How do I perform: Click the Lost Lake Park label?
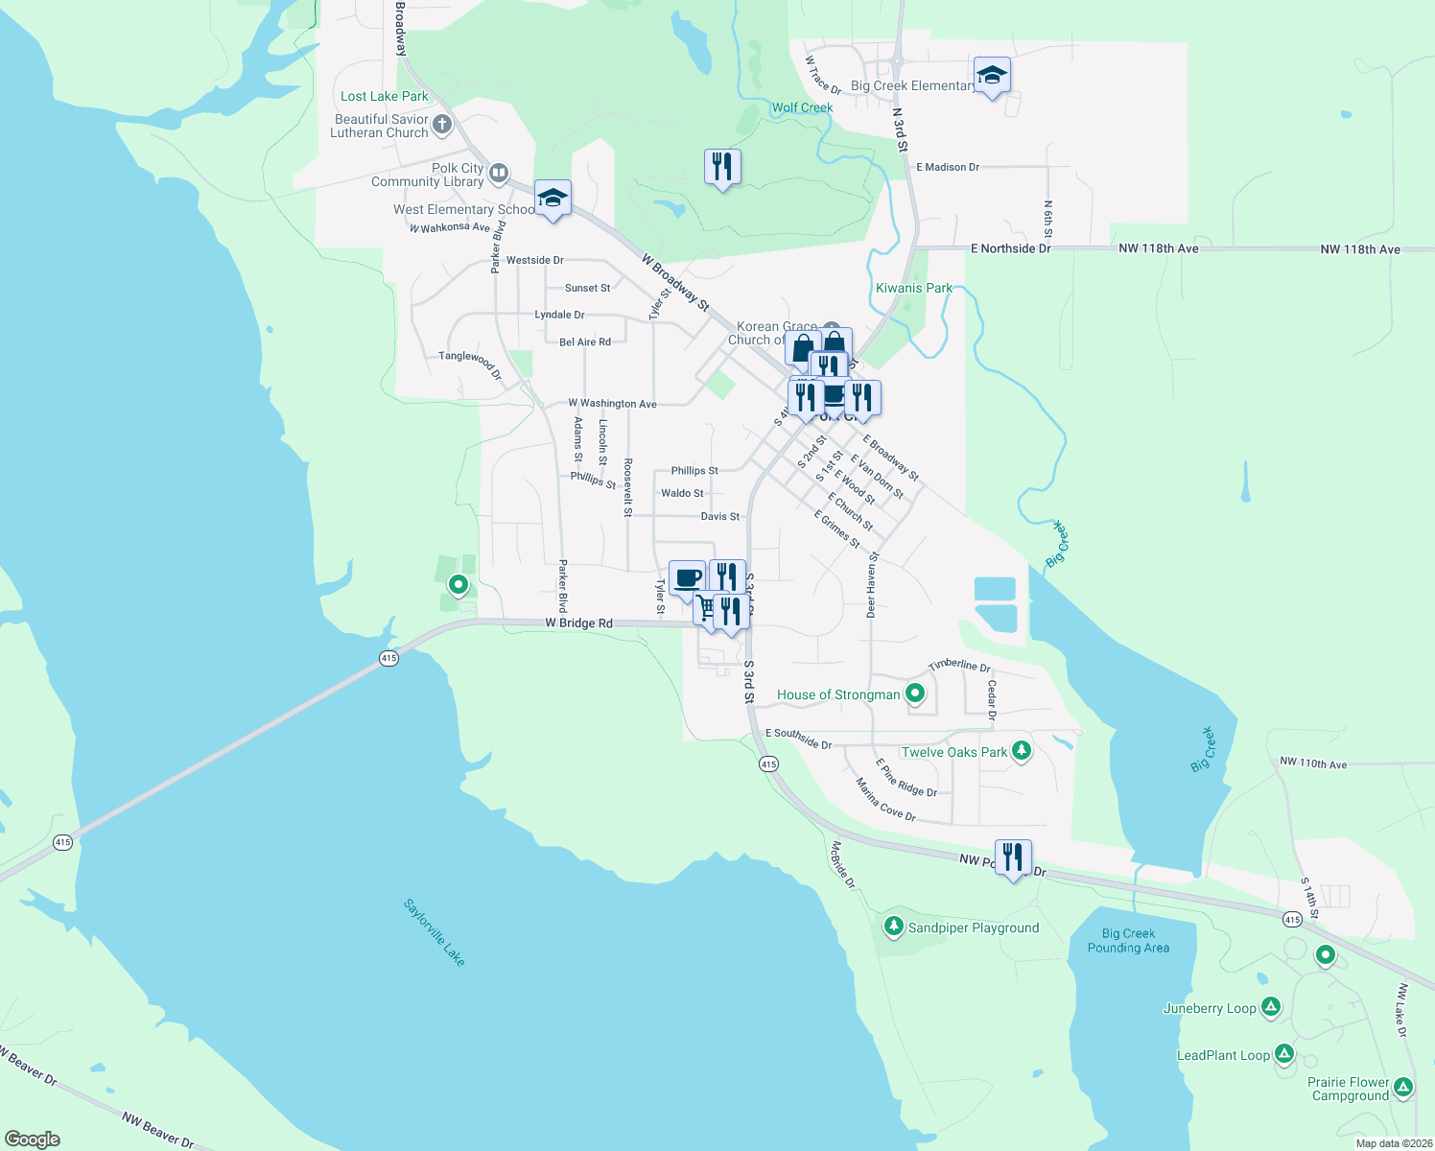tap(385, 96)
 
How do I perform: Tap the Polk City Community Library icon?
tap(499, 174)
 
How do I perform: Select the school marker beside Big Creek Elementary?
tap(992, 76)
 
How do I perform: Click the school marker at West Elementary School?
tap(553, 199)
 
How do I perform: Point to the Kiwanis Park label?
tap(914, 288)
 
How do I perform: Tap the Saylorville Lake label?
tap(435, 932)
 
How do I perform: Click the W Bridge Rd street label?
tap(578, 623)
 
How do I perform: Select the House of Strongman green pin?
tap(915, 693)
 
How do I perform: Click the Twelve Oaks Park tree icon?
tap(1022, 751)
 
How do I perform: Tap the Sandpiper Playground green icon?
tap(894, 927)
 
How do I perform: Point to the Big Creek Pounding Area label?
tap(1128, 941)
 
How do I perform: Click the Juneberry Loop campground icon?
tap(1271, 1007)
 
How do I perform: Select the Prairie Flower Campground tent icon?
tap(1403, 1088)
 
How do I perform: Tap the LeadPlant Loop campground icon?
tap(1284, 1054)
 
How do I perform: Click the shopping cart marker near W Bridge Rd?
tap(708, 608)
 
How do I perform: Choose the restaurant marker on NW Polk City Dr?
tap(1013, 857)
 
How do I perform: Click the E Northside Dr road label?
tap(1010, 248)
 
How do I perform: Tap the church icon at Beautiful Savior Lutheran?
tap(442, 124)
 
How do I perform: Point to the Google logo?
tap(33, 1139)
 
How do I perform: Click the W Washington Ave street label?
tap(612, 404)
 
